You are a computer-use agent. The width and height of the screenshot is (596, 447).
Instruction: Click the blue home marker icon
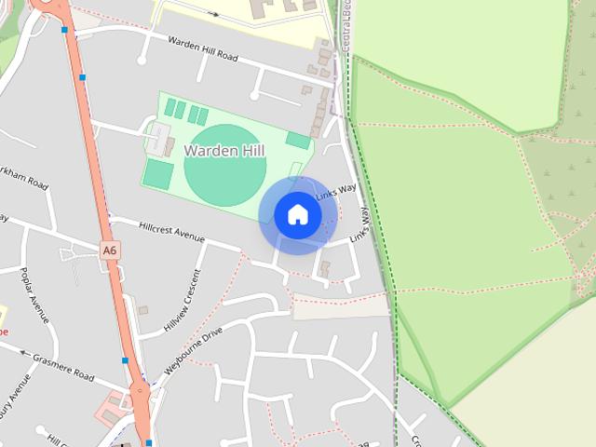[297, 215]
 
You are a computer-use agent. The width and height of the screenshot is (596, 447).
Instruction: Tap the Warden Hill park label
[223, 150]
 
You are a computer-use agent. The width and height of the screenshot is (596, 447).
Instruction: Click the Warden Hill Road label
[202, 47]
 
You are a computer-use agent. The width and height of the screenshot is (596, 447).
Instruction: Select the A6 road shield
[111, 250]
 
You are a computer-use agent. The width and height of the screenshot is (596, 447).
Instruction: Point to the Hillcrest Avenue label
[170, 231]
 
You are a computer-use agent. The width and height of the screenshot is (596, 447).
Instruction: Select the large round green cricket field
[224, 166]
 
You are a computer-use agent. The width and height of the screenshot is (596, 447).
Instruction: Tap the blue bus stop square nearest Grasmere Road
[125, 360]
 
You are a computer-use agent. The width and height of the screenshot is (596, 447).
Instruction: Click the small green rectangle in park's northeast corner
[298, 140]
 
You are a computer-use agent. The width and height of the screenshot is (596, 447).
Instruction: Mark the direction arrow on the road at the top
[214, 14]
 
